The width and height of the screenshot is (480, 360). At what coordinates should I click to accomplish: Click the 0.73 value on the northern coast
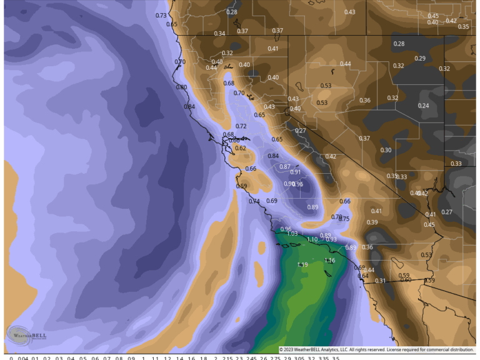click(x=161, y=16)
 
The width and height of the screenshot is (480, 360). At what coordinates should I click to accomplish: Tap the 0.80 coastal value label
click(x=182, y=87)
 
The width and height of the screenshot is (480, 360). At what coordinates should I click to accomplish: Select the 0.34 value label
click(x=219, y=34)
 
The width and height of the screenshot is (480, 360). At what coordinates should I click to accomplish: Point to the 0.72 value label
click(x=241, y=127)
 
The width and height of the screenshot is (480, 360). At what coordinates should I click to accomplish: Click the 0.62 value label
click(x=241, y=148)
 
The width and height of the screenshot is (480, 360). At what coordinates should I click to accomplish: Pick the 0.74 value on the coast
click(x=254, y=201)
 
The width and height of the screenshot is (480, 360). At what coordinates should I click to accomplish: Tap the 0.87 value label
click(x=285, y=167)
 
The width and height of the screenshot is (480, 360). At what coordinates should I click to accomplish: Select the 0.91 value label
click(x=296, y=172)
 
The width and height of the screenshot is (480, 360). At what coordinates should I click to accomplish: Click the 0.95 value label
click(x=298, y=184)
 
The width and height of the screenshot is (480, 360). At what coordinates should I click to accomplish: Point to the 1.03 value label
click(x=292, y=234)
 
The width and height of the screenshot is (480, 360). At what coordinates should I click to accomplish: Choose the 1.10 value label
click(x=312, y=239)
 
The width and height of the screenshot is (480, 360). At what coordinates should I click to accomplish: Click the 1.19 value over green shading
click(x=302, y=265)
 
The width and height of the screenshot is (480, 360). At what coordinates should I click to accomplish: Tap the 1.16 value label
click(x=330, y=261)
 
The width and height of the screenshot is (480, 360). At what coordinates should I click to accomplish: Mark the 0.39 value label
click(x=372, y=222)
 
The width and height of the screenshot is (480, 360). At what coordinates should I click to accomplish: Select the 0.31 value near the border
click(x=381, y=281)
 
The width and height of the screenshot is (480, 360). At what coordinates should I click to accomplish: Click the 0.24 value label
click(x=424, y=106)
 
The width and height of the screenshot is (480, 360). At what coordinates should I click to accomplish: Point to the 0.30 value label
click(x=386, y=150)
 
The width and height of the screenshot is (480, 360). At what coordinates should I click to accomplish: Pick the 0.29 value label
click(x=420, y=59)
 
